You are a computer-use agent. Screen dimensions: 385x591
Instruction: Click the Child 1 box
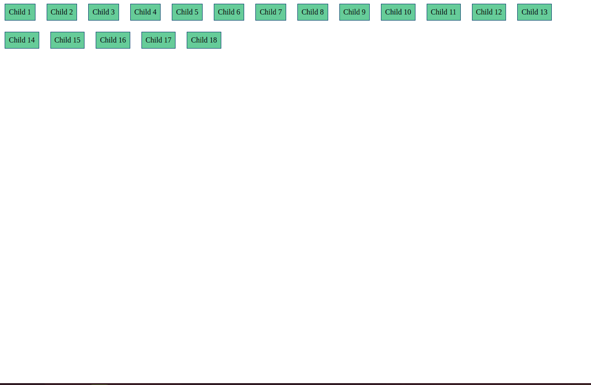click(x=20, y=12)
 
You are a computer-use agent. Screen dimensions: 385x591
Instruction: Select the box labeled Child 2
click(x=62, y=12)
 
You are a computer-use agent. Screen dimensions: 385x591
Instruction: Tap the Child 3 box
click(x=104, y=12)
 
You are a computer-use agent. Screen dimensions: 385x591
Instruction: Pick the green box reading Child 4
click(x=145, y=12)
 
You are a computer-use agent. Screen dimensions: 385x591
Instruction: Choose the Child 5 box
click(x=187, y=12)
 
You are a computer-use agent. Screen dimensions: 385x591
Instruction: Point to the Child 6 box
click(x=229, y=12)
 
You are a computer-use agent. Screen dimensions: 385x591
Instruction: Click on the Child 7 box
click(x=271, y=12)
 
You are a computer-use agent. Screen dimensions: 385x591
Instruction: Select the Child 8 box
click(x=313, y=12)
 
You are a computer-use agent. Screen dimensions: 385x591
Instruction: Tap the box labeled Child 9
click(x=354, y=12)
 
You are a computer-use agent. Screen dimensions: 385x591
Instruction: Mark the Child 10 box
click(x=398, y=12)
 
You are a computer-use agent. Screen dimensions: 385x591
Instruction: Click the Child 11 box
click(x=443, y=12)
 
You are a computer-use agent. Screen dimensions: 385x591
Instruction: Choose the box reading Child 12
click(x=489, y=12)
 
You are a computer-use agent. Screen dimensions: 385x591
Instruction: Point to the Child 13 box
click(x=535, y=12)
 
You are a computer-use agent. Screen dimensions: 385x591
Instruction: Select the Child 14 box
click(x=22, y=40)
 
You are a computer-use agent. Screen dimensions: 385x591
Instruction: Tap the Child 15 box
click(x=67, y=40)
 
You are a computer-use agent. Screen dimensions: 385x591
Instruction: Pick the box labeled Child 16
click(x=113, y=40)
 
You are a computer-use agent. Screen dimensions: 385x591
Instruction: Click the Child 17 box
click(x=158, y=40)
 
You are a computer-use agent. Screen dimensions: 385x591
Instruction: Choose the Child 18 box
click(x=204, y=40)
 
